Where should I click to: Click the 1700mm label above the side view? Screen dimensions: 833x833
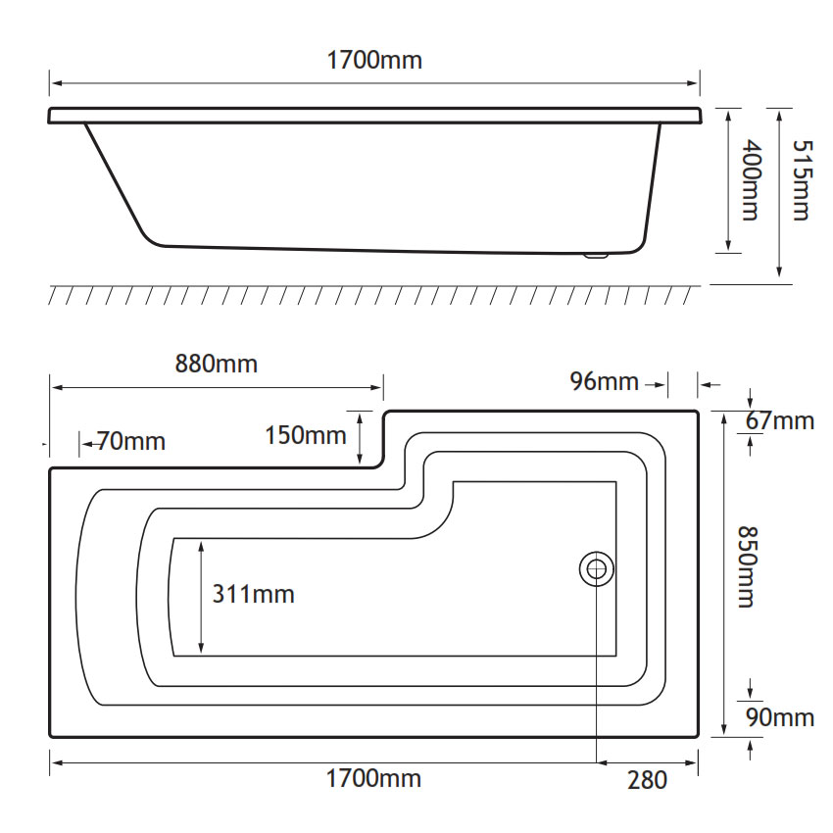click(374, 60)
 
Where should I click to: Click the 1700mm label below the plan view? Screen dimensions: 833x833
click(373, 779)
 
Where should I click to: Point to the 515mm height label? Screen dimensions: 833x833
click(802, 180)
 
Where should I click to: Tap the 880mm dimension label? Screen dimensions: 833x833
click(217, 364)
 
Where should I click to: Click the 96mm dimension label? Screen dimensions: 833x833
click(604, 381)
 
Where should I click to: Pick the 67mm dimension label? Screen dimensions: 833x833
click(780, 420)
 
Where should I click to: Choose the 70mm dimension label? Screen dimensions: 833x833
click(131, 441)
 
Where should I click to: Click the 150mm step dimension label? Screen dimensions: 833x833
click(306, 436)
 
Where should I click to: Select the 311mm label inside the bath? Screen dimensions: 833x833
click(254, 594)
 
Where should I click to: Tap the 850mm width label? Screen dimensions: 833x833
click(748, 566)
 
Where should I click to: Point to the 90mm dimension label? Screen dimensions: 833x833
click(780, 717)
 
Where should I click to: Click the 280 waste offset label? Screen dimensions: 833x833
click(647, 780)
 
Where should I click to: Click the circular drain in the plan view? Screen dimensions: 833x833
click(597, 569)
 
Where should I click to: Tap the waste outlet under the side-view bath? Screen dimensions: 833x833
click(596, 256)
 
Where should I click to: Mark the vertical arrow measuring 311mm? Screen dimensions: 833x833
click(201, 597)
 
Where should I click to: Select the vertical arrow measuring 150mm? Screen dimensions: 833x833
click(360, 439)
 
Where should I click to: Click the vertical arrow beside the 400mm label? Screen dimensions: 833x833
click(728, 180)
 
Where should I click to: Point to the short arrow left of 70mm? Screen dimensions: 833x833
click(88, 443)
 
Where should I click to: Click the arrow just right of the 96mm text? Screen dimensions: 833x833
click(656, 384)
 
